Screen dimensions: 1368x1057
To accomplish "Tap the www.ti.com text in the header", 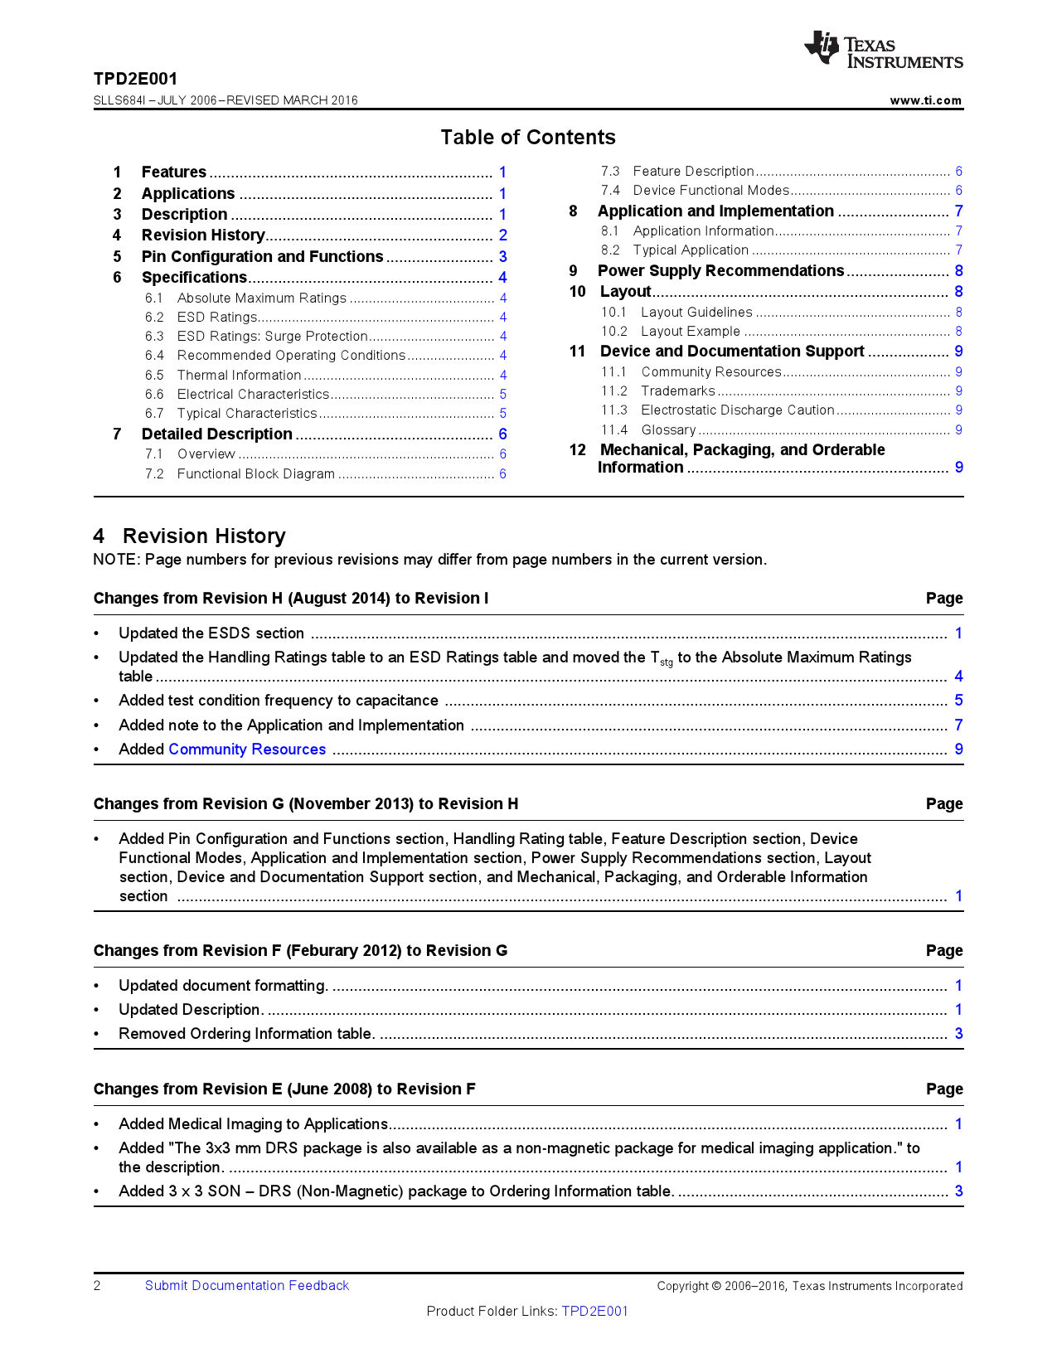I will click(925, 100).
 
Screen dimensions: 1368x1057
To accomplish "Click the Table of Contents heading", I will click(528, 138).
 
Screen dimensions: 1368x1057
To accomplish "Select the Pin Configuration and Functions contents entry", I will click(262, 257).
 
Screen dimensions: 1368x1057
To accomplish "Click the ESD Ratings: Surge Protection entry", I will click(272, 337).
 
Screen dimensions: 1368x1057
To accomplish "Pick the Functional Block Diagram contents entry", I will click(255, 474).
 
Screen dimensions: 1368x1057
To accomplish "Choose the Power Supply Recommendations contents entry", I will click(720, 271).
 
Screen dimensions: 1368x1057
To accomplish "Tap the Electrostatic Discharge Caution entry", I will click(737, 410).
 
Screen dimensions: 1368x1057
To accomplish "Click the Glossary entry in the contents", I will click(668, 430).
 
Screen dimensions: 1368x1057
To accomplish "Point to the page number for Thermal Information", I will click(503, 376).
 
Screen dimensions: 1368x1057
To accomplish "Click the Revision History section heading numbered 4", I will click(190, 536).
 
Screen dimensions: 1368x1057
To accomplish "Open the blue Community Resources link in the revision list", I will click(247, 749).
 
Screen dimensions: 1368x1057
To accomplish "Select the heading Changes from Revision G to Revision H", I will click(306, 804).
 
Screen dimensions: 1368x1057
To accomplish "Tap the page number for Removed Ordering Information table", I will click(958, 1034).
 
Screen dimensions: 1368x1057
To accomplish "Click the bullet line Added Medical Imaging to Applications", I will click(253, 1124).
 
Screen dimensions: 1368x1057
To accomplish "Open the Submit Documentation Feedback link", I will click(247, 1286).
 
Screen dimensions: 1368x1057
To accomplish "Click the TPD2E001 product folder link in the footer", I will click(594, 1312).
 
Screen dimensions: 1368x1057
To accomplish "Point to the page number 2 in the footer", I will click(97, 1286).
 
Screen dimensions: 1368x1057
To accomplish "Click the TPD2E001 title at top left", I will click(135, 80).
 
